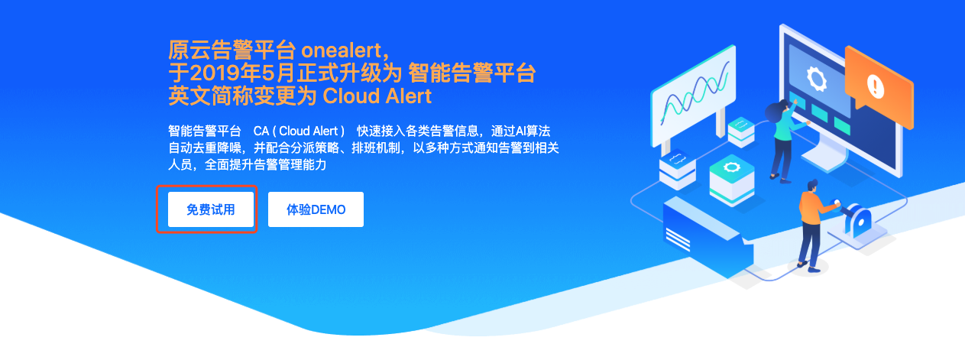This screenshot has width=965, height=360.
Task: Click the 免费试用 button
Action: click(x=211, y=209)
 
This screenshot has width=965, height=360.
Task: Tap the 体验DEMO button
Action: click(x=316, y=209)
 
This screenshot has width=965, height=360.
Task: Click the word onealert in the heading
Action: click(x=342, y=51)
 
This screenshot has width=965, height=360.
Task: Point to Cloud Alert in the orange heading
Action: click(x=377, y=96)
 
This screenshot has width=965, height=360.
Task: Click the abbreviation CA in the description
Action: click(x=261, y=131)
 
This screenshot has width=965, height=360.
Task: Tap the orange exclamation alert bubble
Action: click(x=879, y=86)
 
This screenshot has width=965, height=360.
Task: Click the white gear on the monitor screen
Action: click(x=816, y=79)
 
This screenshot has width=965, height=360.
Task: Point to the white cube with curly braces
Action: click(x=677, y=170)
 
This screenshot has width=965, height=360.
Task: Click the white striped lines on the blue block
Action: click(x=678, y=240)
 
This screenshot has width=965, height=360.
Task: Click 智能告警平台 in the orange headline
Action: click(x=471, y=73)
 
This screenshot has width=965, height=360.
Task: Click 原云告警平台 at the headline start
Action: click(x=232, y=51)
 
